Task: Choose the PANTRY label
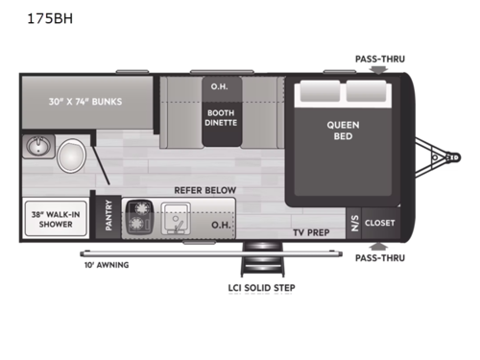(x=108, y=217)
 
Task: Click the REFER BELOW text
(x=204, y=190)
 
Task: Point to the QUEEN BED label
(x=343, y=131)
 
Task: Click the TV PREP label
(x=312, y=232)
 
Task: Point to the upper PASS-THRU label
(x=378, y=59)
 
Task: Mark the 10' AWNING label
(x=106, y=264)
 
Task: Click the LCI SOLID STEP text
(x=254, y=287)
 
